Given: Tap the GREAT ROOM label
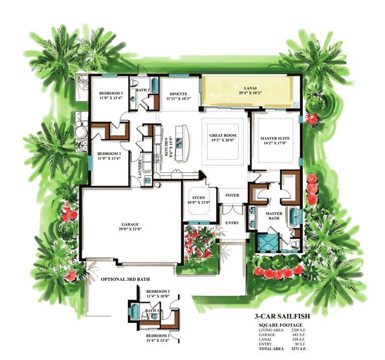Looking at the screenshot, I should coord(223,135).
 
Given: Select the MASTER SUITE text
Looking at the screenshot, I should coord(275,138).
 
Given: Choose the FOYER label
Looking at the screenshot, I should coord(232,195).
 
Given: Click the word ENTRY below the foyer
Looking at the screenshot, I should coord(232,223).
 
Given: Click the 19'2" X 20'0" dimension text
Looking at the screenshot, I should coord(223,141).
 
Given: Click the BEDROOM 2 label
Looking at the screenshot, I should coord(158,291).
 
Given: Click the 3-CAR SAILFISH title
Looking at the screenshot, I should coord(282,316).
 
